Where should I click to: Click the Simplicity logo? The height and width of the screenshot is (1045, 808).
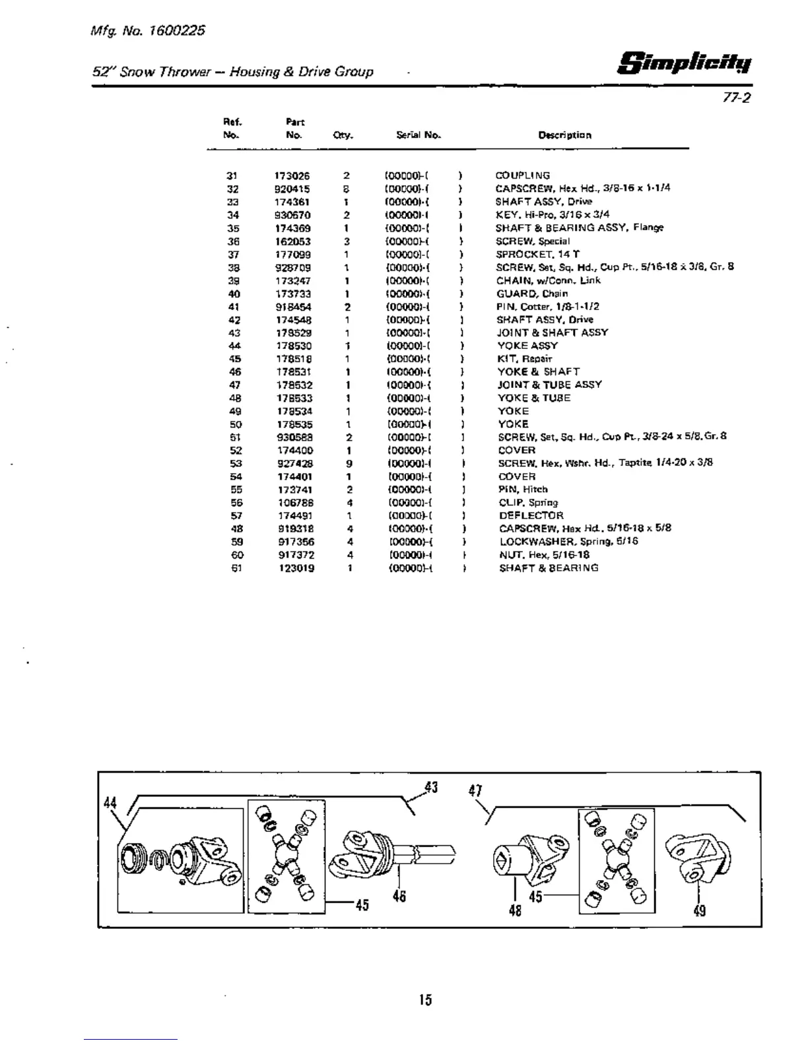pos(685,63)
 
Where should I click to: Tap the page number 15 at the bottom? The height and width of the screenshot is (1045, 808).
pos(425,1000)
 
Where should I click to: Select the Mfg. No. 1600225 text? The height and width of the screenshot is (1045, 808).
pos(149,30)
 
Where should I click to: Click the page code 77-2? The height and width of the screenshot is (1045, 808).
pos(738,98)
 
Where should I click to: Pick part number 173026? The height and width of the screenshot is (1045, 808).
pos(292,176)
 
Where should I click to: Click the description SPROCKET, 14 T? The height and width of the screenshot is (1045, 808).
pos(537,254)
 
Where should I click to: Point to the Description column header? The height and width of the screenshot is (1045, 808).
pos(564,135)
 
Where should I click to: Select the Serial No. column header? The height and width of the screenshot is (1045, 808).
pos(419,135)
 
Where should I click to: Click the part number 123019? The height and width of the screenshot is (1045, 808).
pos(296,568)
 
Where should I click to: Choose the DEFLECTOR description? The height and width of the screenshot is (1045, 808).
pos(531,516)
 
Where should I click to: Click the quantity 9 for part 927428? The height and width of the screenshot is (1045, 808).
pos(349,464)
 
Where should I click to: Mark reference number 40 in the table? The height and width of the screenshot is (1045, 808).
pos(234,294)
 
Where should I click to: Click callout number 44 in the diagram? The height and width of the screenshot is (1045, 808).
pos(110,803)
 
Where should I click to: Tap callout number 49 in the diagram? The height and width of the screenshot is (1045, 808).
pos(700,911)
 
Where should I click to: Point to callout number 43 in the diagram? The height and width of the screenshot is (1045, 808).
pos(431,788)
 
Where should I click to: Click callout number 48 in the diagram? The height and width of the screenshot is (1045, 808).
pos(515,911)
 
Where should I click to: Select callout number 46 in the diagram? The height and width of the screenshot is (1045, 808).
pos(399,897)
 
